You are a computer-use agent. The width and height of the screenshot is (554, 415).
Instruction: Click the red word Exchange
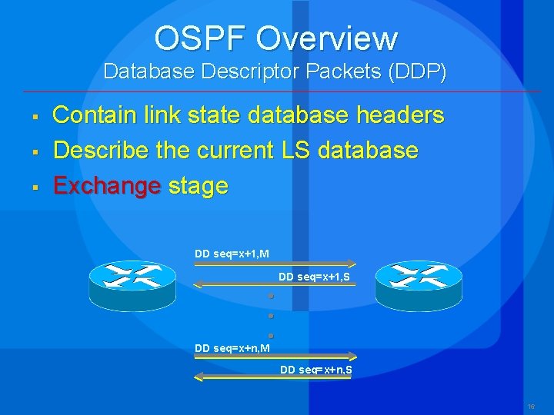coord(106,185)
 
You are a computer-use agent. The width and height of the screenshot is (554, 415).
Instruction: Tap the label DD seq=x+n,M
coord(232,348)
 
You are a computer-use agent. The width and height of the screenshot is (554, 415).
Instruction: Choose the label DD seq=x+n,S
coord(316,370)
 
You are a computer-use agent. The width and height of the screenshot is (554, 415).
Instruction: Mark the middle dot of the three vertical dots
coord(272,316)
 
